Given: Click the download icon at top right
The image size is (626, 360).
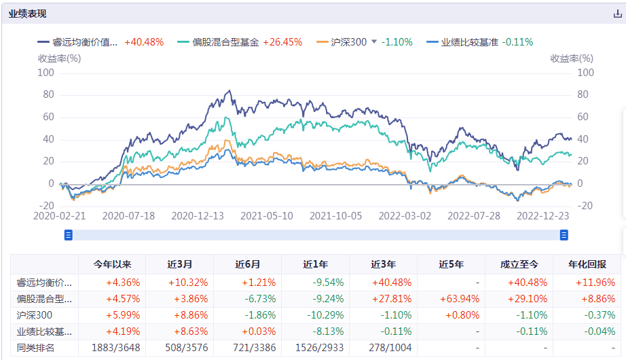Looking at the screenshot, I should tap(617, 14).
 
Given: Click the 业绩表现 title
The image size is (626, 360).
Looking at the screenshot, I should tap(28, 14).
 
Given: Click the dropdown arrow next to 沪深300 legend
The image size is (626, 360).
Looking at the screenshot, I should tap(373, 42).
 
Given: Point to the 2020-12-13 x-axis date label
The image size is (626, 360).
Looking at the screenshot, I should tap(198, 215).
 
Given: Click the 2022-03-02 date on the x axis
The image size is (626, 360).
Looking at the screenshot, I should tap(405, 215).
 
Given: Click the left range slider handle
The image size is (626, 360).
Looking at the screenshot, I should tap(68, 235).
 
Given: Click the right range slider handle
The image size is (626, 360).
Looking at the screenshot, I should tap(564, 235).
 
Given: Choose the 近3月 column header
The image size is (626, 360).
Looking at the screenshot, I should tap(179, 265).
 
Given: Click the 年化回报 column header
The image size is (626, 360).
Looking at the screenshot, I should tap(587, 265).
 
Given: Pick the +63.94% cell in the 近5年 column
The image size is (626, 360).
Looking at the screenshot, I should tap(451, 299).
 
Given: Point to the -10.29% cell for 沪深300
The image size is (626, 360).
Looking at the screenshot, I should tap(315, 315).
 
